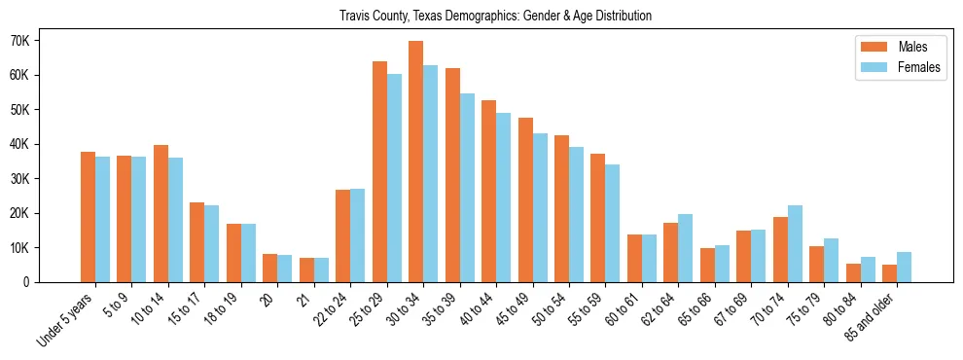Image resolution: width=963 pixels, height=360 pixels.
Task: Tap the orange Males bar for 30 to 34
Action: click(415, 162)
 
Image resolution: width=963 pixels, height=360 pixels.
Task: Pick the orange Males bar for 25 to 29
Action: click(379, 172)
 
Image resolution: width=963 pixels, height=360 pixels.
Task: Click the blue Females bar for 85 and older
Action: click(904, 267)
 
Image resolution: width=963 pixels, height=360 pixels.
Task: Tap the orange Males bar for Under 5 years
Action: click(88, 217)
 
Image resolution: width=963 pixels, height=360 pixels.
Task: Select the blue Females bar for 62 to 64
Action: click(685, 248)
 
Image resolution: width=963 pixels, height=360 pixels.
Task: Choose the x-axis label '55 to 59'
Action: click(585, 308)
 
